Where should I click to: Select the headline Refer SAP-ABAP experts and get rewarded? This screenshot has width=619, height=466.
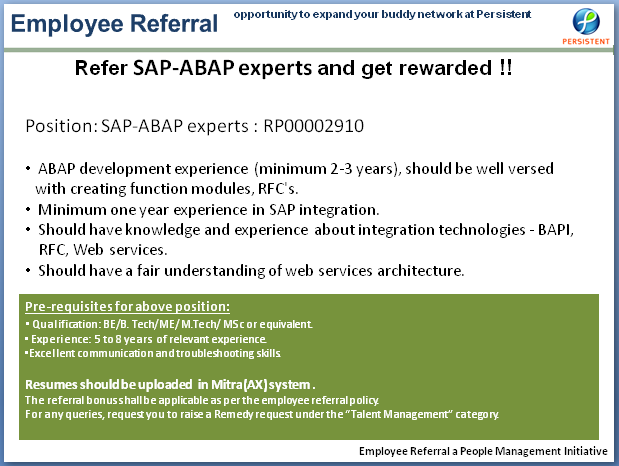coord(295,70)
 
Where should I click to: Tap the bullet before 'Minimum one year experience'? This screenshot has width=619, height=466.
coord(27,210)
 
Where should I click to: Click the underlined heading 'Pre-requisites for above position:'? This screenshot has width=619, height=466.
coord(127,306)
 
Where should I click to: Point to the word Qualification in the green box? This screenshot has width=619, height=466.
coord(59,324)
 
